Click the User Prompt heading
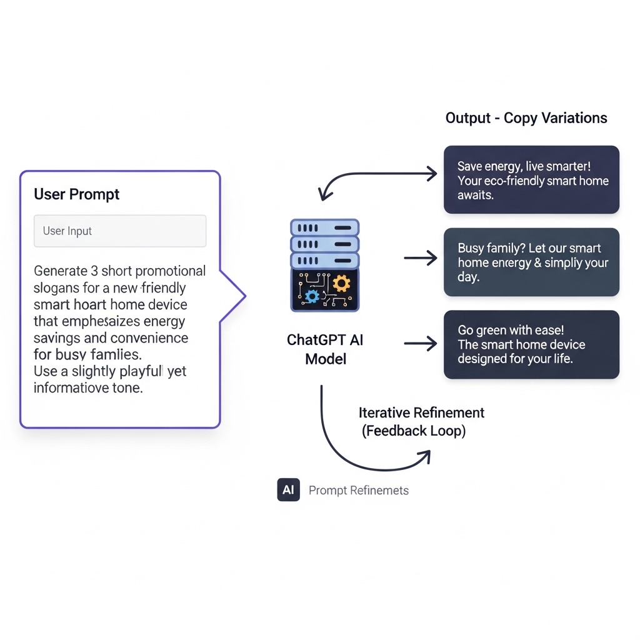[x=76, y=194]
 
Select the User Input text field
[x=120, y=231]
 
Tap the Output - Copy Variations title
[x=526, y=118]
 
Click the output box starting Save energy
[x=531, y=180]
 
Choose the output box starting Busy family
[x=531, y=262]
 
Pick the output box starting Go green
[x=531, y=344]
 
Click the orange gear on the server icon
[x=341, y=284]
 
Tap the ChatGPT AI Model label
[x=325, y=349]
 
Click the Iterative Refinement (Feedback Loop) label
[x=421, y=422]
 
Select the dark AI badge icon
[x=288, y=490]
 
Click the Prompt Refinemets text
[x=358, y=491]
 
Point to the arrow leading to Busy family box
[x=421, y=257]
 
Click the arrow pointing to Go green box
[x=421, y=342]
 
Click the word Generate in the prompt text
[x=61, y=271]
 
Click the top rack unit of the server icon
[x=324, y=227]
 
